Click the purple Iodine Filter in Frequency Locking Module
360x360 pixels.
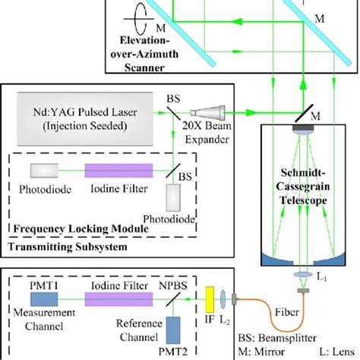[114, 172]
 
